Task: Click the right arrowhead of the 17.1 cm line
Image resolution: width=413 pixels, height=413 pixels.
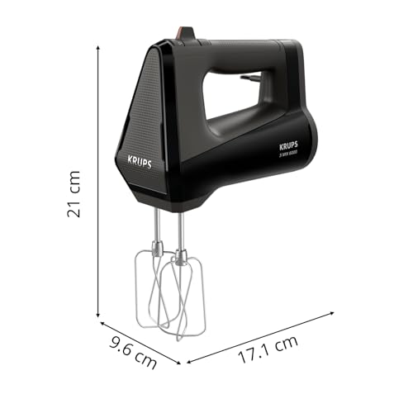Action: pyautogui.click(x=334, y=313)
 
